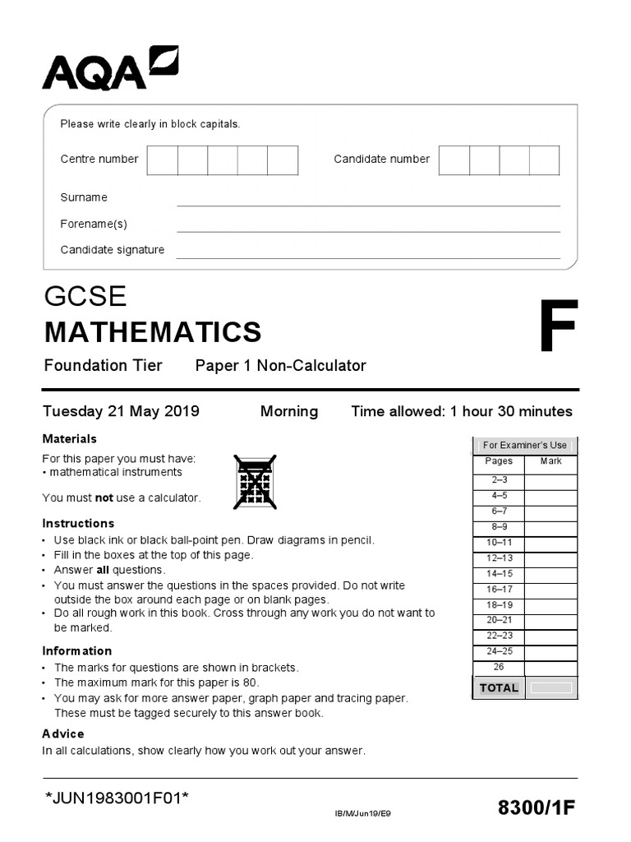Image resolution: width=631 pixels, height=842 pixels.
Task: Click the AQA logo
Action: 109,68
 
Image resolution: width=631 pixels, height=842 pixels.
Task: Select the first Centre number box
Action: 163,160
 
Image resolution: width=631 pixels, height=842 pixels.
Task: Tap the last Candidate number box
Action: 544,160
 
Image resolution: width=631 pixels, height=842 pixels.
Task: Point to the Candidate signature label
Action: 113,250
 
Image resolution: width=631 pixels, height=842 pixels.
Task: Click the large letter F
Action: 558,326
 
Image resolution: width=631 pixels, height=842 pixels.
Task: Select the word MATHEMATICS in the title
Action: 153,332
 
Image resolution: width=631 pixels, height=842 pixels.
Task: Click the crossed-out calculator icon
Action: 255,482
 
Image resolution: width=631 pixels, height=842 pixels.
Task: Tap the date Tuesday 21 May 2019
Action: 121,411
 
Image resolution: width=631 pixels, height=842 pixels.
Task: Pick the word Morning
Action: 289,411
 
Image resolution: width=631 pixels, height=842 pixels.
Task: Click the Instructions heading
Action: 78,523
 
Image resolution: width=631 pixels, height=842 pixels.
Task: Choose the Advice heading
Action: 63,733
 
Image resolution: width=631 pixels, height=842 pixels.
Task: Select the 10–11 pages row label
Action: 499,543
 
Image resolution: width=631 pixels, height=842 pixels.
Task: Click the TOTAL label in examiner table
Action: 499,687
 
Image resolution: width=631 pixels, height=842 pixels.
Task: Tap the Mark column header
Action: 550,461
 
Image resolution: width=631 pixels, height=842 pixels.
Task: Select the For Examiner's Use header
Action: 525,445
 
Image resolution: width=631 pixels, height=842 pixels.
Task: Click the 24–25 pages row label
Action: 499,651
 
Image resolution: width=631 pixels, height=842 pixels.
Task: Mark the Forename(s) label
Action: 94,224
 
